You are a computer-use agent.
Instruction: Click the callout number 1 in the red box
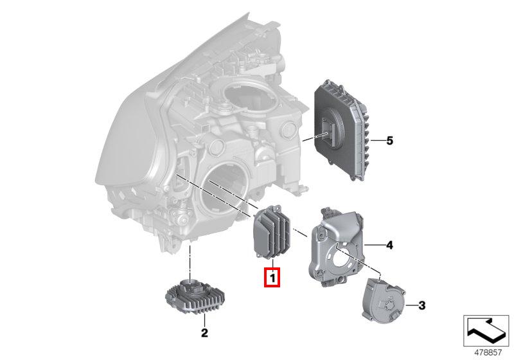click(272, 278)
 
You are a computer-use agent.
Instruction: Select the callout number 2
click(204, 333)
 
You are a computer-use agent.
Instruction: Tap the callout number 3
click(422, 305)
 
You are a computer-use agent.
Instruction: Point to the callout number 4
click(389, 245)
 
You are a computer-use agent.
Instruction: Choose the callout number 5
click(389, 141)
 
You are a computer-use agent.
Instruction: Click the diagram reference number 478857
click(488, 352)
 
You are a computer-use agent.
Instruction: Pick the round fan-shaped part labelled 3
click(383, 300)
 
